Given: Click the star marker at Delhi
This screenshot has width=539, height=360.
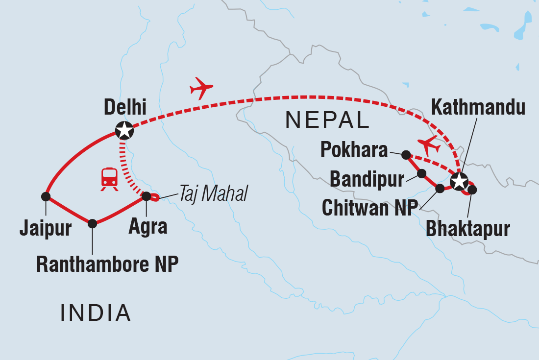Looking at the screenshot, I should point(124,130).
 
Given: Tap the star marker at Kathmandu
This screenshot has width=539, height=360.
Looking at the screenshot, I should point(459,181).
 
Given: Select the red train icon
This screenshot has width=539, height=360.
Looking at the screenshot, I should point(109,179).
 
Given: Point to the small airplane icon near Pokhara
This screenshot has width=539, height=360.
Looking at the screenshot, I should point(429,145).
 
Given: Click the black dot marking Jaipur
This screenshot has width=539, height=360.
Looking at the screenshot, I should point(46,196).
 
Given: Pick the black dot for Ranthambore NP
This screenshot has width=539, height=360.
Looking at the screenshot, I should point(92,224).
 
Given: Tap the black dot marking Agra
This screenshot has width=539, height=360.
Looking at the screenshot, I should point(146,196).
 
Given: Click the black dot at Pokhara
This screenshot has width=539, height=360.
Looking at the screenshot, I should point(406,155).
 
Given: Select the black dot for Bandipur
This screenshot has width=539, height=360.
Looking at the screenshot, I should point(421,173).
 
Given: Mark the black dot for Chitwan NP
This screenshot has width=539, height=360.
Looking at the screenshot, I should point(440,188).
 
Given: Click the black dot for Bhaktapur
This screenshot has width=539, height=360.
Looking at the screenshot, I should point(472,189).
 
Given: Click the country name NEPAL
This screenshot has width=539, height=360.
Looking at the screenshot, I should point(327,120).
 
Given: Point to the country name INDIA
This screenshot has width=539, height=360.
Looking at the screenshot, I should point(96,312).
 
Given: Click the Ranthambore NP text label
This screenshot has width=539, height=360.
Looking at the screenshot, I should point(107,264).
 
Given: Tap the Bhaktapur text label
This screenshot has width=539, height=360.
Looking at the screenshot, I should point(468,228).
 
